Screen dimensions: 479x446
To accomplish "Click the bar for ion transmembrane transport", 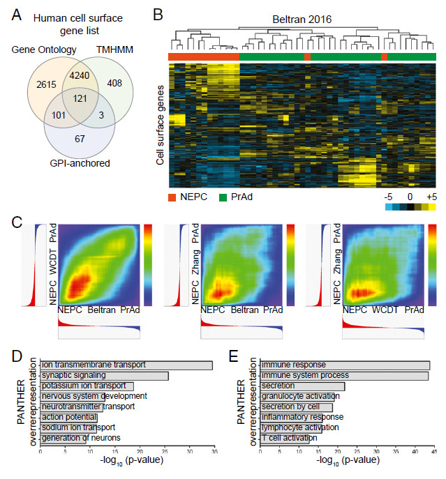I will [126, 364].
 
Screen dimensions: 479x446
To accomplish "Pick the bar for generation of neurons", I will [63, 438].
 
